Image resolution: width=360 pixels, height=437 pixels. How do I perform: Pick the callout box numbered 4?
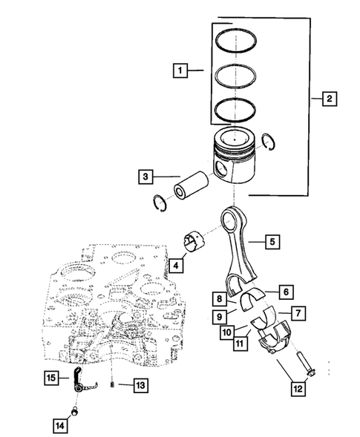click(176, 265)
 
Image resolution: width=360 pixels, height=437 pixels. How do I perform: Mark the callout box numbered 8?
click(220, 300)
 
